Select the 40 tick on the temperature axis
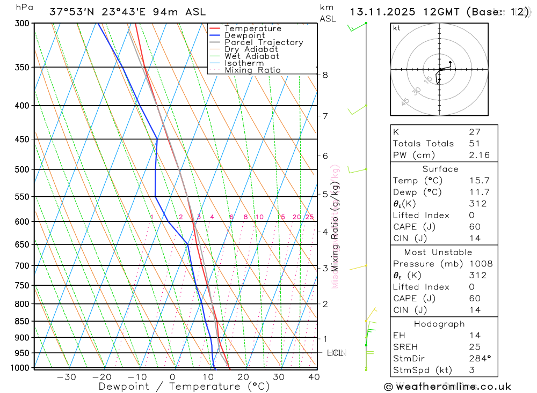314,377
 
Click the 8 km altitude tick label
325,75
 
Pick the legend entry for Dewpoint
245,35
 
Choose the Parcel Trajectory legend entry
264,42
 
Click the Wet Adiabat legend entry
252,56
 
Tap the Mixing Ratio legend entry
252,70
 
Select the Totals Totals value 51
474,143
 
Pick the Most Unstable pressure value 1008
480,264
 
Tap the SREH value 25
474,347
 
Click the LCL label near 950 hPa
335,353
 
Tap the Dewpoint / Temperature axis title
184,387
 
